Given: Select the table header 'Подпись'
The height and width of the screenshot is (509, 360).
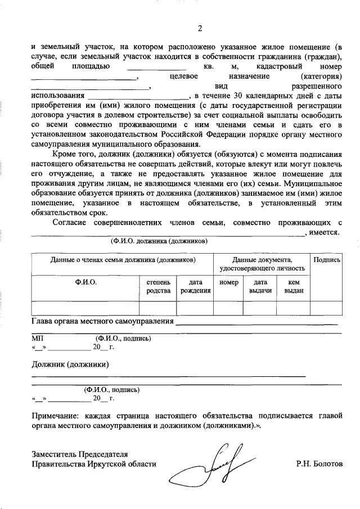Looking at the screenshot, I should pos(326,260).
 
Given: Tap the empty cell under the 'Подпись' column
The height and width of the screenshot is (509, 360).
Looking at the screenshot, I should pos(326,308).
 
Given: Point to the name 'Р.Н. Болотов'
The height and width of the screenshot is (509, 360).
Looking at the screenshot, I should pos(318,465).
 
